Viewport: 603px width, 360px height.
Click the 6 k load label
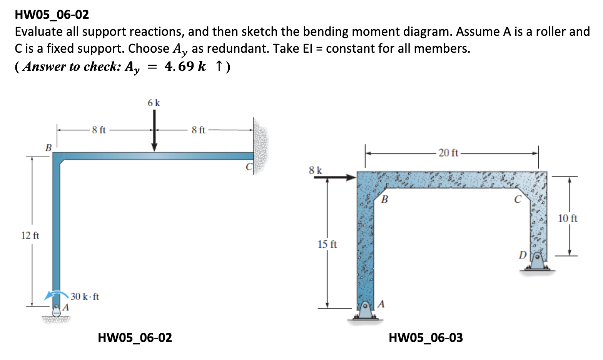tap(154, 103)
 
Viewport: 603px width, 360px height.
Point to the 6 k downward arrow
tap(154, 131)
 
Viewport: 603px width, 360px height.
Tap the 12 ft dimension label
tap(30, 235)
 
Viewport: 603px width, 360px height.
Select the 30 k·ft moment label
tap(85, 297)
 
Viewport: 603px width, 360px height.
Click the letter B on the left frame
tap(48, 147)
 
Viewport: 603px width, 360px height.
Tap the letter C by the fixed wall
tap(249, 167)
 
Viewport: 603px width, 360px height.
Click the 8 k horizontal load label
tap(316, 170)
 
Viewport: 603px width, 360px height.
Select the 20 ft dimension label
tap(448, 153)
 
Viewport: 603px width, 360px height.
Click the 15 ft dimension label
tap(327, 244)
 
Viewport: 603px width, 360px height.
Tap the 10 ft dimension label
tap(568, 218)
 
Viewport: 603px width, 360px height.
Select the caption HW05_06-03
tap(426, 338)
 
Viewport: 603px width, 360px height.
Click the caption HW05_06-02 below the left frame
tap(135, 338)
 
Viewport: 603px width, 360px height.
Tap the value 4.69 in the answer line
tap(179, 66)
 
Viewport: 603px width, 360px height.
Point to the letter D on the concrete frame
tap(522, 254)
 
